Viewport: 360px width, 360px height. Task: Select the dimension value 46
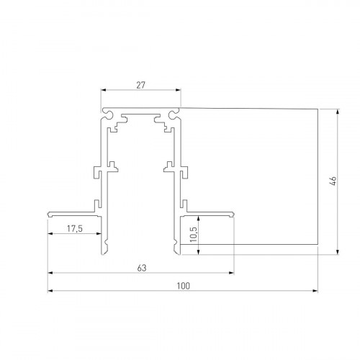[333, 181]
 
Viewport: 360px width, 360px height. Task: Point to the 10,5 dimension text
[192, 234]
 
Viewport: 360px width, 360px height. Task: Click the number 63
[141, 268]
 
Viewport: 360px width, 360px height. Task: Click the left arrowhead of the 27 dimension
[103, 90]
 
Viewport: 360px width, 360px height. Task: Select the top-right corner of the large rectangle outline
[319, 108]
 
